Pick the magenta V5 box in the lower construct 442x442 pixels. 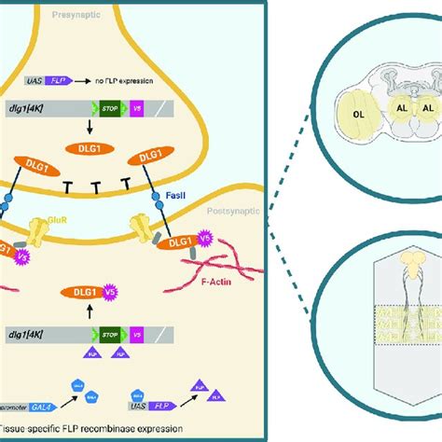point(139,332)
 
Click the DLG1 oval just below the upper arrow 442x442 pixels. point(82,146)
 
